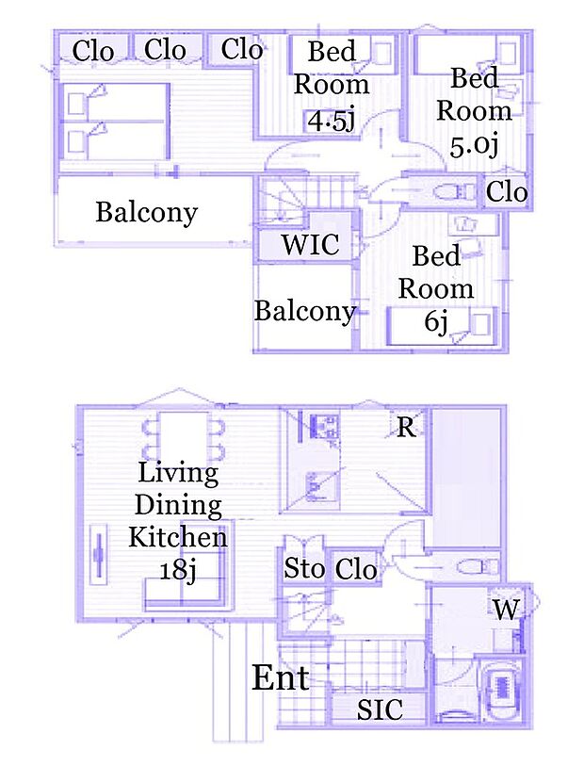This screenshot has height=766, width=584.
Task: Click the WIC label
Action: [x=310, y=244]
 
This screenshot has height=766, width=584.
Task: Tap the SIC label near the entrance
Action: [x=380, y=709]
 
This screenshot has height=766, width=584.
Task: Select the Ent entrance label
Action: [x=281, y=677]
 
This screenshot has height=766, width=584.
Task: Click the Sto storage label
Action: [x=304, y=567]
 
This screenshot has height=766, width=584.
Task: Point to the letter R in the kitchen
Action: [x=406, y=428]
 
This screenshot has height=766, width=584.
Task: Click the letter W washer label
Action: [x=506, y=610]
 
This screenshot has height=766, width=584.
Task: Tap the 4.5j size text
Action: [x=332, y=121]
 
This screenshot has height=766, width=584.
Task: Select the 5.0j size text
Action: [x=474, y=146]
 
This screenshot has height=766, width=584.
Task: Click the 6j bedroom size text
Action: [x=436, y=322]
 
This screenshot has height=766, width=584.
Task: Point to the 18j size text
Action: [x=178, y=570]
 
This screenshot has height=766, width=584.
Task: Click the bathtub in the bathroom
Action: [x=501, y=689]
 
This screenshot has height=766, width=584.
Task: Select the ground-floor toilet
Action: [x=478, y=567]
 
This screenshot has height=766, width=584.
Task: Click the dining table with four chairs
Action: [x=183, y=437]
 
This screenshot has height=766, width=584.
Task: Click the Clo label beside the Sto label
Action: [x=356, y=569]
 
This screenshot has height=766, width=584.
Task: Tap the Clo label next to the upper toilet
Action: [x=507, y=191]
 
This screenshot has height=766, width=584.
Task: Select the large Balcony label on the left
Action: [x=147, y=213]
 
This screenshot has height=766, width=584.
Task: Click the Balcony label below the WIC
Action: [x=304, y=311]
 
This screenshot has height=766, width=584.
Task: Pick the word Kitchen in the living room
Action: [x=178, y=537]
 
